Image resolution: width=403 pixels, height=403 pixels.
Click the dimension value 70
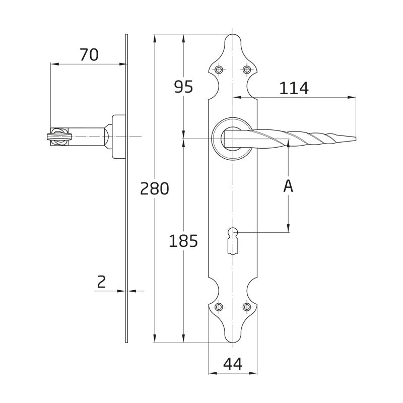point(89,55)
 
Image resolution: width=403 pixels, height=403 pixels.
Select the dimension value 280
point(155,188)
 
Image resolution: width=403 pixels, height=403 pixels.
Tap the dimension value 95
point(183,87)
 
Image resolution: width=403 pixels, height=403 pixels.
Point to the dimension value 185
point(183,241)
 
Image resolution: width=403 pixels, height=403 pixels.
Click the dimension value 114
point(294,88)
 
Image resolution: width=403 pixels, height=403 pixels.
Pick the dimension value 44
point(233,364)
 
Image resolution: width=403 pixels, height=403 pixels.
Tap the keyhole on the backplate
point(233,240)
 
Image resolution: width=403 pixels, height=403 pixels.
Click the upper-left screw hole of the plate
point(219,70)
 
